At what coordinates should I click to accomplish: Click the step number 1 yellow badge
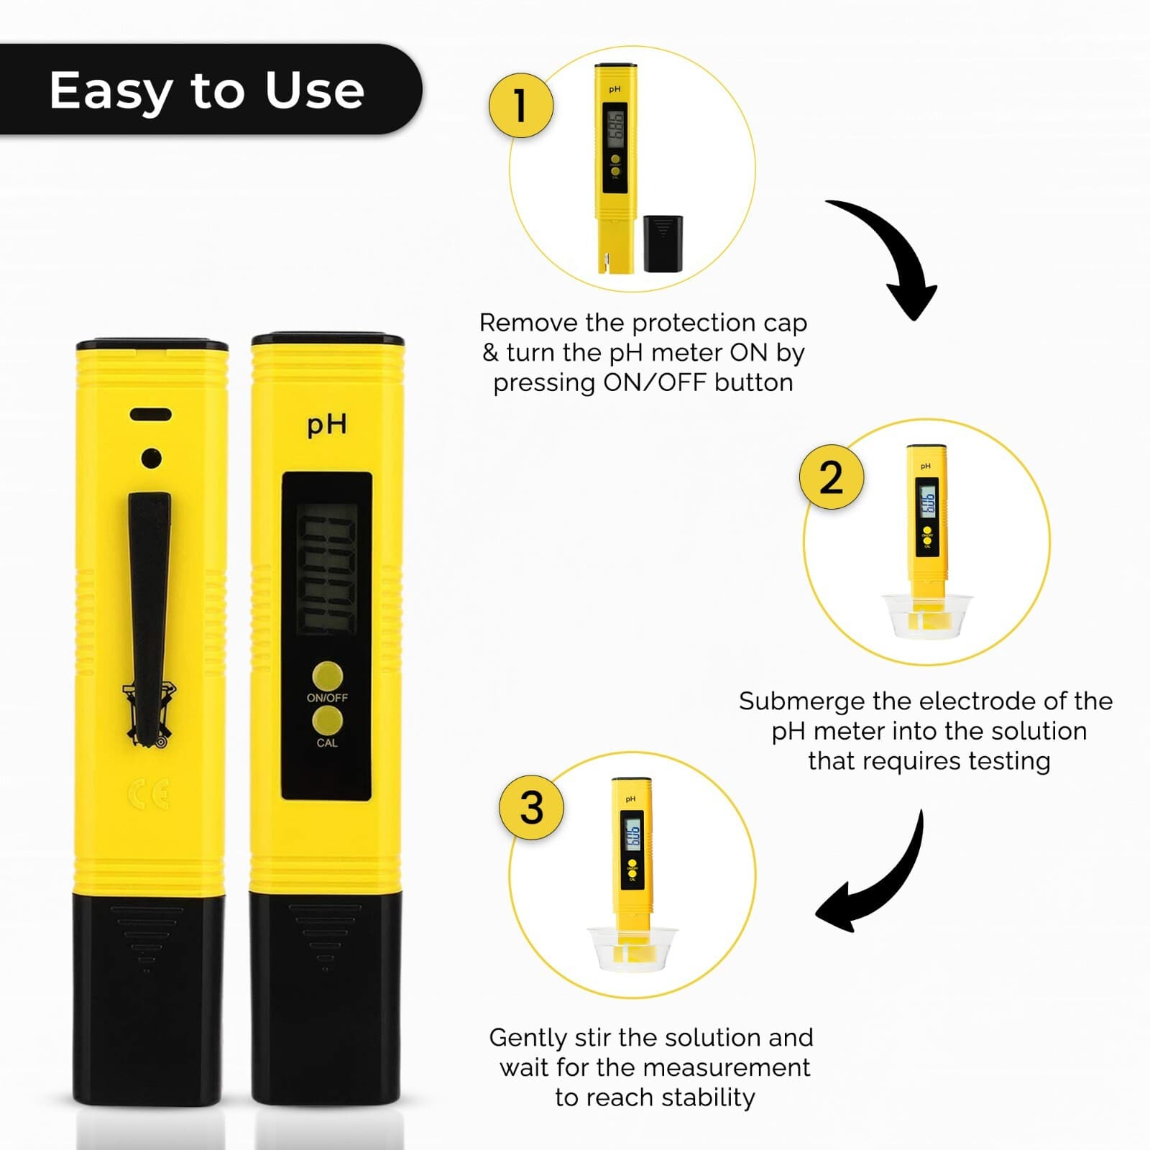pos(521,106)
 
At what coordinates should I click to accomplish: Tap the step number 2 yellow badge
pos(832,477)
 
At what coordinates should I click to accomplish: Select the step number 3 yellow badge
pos(532,807)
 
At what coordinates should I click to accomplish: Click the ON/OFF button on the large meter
pos(327,676)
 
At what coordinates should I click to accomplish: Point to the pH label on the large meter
pos(327,425)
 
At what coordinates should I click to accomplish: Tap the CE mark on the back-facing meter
pos(149,794)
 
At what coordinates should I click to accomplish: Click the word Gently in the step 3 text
pos(528,1038)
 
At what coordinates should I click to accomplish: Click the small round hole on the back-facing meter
pos(151,458)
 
